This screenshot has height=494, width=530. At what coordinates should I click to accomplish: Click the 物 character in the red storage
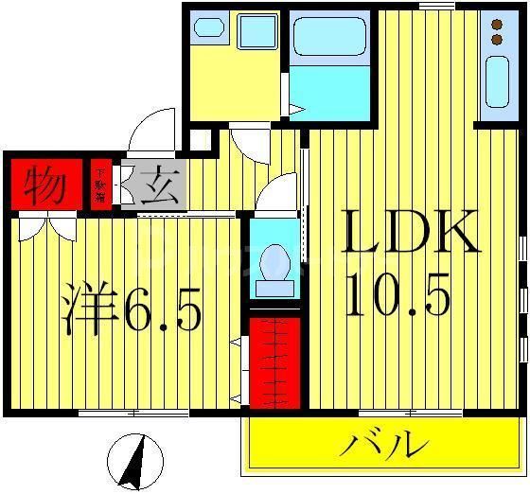tap(44, 184)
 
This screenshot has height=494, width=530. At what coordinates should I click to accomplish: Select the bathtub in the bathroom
tap(331, 39)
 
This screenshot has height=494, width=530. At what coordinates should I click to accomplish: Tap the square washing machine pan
tap(256, 32)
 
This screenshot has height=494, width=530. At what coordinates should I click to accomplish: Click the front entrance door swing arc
tap(151, 132)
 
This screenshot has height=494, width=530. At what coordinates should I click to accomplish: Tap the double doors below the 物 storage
tap(44, 227)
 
